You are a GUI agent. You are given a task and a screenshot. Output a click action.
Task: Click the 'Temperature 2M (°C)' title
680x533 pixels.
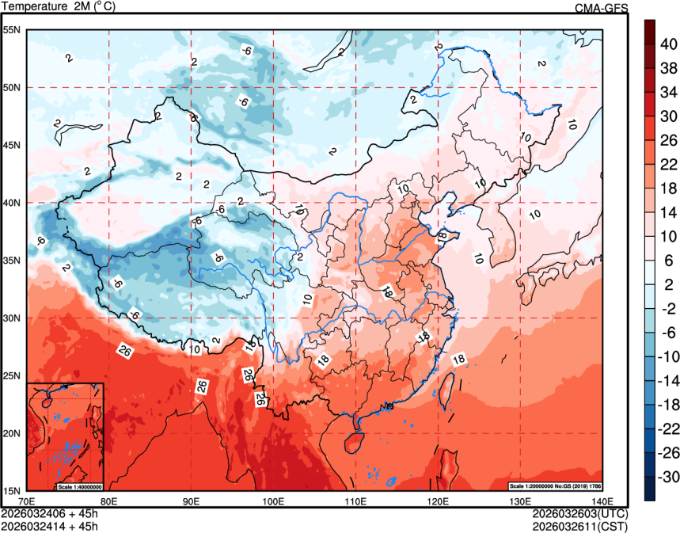(x=58, y=7)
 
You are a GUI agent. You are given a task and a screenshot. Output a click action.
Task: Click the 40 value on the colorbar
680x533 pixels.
(x=668, y=44)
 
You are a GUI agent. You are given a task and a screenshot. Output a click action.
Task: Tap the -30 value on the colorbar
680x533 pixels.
(x=668, y=477)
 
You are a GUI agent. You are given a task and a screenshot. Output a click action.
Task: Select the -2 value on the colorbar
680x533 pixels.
(x=668, y=308)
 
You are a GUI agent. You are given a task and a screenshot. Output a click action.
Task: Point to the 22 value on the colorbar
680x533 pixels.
(x=668, y=164)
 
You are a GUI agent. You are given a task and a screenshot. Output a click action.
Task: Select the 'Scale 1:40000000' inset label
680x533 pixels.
(x=79, y=485)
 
